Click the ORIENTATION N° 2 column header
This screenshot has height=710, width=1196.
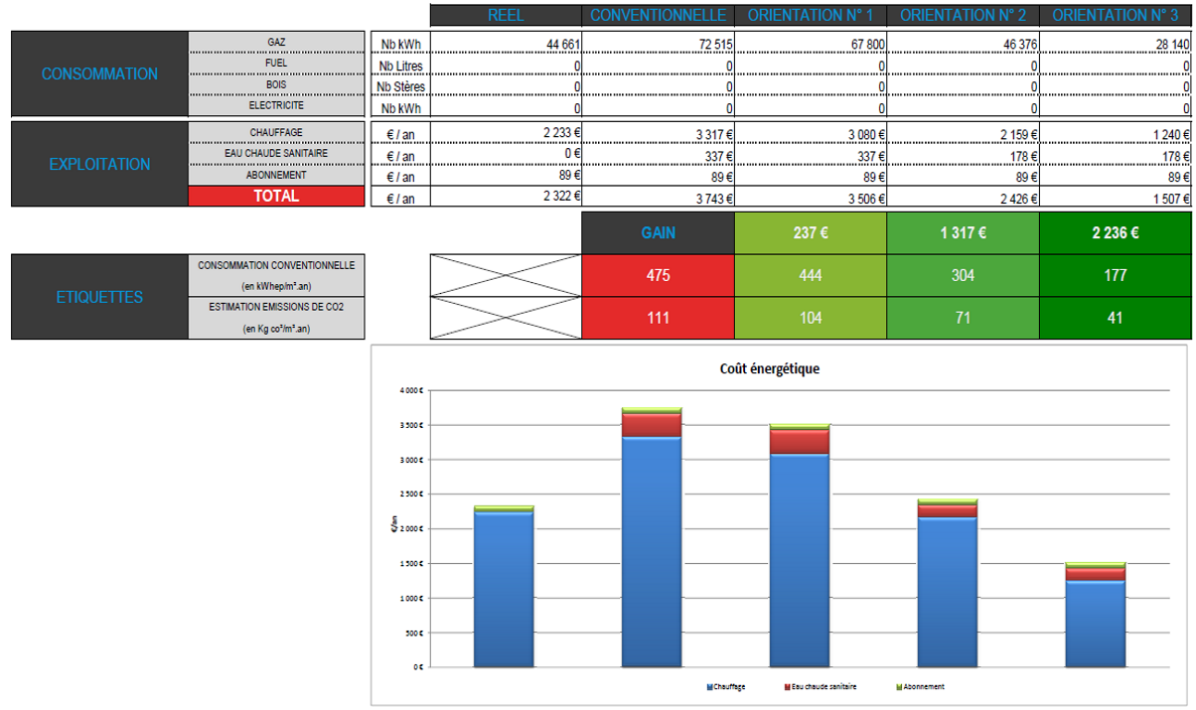pyautogui.click(x=963, y=15)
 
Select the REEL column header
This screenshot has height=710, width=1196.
pyautogui.click(x=507, y=15)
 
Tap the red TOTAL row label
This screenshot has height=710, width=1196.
pyautogui.click(x=276, y=197)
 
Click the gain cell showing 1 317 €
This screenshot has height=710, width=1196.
pyautogui.click(x=963, y=233)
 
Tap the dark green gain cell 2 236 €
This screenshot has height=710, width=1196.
pyautogui.click(x=1114, y=233)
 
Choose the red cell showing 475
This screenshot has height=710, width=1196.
pyautogui.click(x=658, y=275)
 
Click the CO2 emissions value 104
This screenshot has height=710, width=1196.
pyautogui.click(x=810, y=318)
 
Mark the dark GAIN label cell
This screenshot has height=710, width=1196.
pyautogui.click(x=658, y=233)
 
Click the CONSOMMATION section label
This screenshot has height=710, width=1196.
pyautogui.click(x=99, y=74)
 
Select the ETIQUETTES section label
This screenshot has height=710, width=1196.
pyautogui.click(x=99, y=297)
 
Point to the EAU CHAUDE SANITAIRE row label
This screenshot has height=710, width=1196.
pyautogui.click(x=277, y=154)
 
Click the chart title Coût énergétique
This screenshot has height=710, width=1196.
pyautogui.click(x=769, y=369)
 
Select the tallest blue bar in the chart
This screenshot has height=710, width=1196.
pyautogui.click(x=652, y=551)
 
